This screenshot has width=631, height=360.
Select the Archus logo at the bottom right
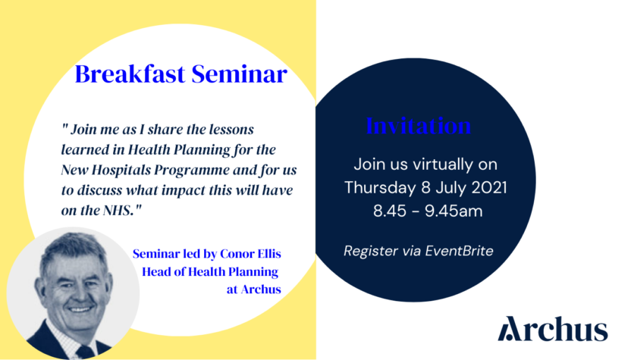coord(553,330)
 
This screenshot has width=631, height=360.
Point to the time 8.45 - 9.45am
coord(427,211)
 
